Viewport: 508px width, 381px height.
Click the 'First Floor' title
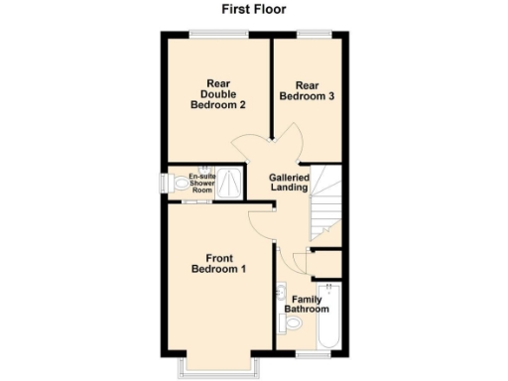(254, 11)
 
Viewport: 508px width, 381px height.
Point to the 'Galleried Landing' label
(291, 184)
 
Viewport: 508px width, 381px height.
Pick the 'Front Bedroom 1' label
(218, 263)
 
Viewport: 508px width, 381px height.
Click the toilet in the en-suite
(176, 185)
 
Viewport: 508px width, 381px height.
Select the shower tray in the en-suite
(230, 185)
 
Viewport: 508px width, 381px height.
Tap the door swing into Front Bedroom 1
(260, 226)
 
